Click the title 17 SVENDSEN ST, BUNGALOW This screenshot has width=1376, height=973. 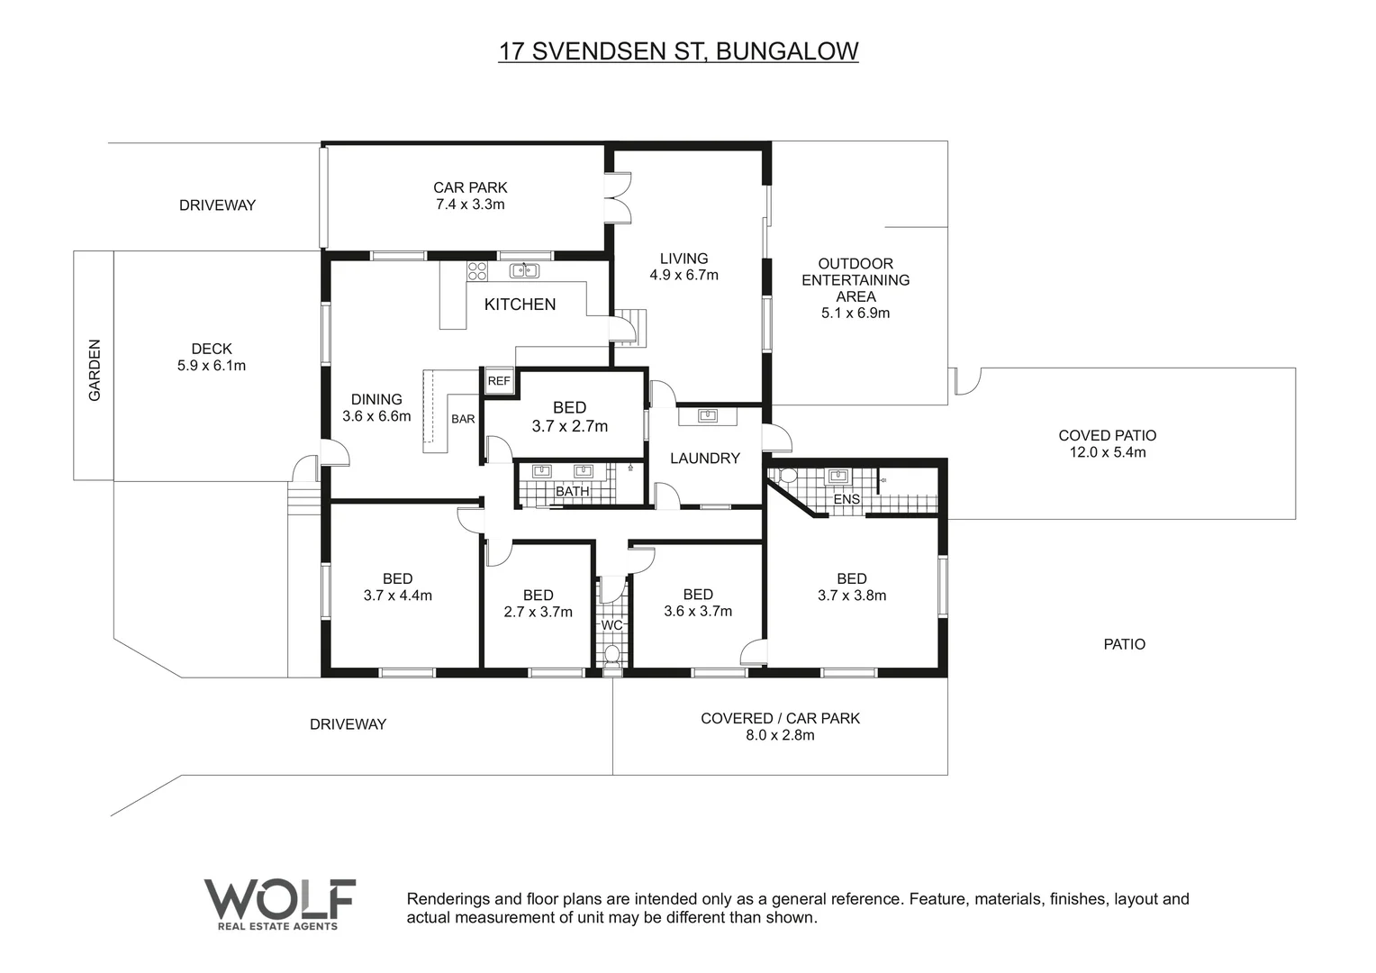678,51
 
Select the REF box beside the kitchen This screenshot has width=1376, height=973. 498,381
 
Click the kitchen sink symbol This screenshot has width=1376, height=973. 524,270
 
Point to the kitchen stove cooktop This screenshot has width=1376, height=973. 476,270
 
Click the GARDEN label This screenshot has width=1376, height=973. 95,369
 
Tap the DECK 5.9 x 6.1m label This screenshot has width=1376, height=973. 212,357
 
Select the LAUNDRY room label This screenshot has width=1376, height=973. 704,459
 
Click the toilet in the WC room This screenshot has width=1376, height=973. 612,653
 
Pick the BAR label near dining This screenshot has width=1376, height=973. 463,419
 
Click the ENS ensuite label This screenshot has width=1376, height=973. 846,499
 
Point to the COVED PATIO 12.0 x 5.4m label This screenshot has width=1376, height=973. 1107,443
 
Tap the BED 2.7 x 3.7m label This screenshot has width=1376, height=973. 538,603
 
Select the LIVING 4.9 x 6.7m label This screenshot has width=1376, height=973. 683,267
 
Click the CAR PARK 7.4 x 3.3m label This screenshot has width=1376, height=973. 470,196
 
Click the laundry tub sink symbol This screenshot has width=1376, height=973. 708,415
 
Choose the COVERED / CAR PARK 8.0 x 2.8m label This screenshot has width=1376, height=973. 780,726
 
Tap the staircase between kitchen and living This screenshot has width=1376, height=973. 630,327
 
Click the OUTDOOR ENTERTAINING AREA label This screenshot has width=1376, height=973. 855,287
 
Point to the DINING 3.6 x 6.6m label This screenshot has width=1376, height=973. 376,407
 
